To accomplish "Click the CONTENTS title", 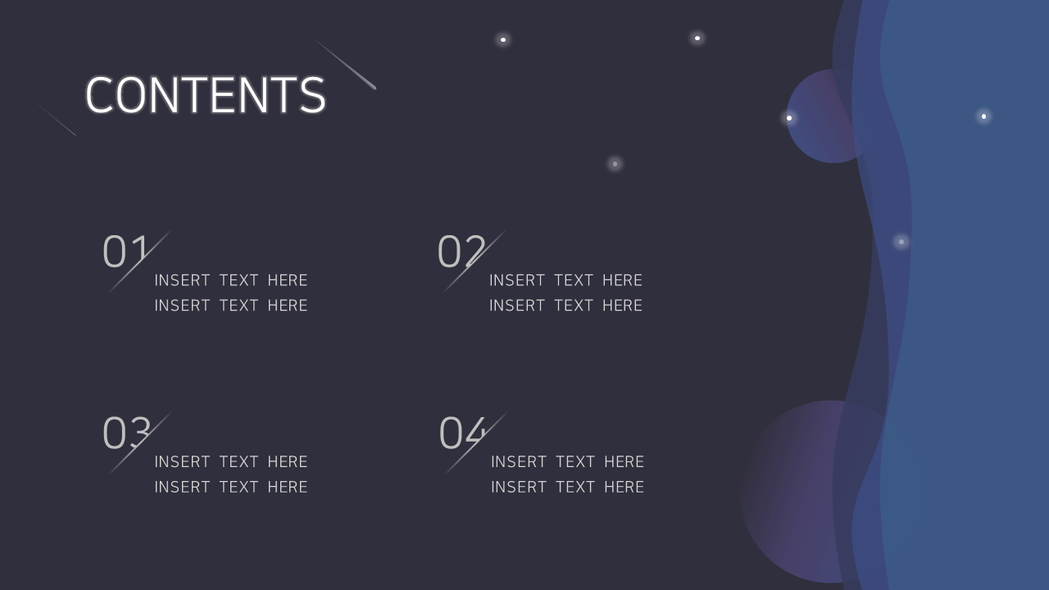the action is coord(205,95).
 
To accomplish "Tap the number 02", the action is coord(461,252).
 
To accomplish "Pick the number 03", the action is coord(126,433).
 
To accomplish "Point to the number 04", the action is coord(462,433).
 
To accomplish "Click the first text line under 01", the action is coord(231,280).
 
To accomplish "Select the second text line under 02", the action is coord(565,306).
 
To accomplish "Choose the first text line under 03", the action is coord(231,461).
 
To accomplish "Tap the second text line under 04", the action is coord(568,487).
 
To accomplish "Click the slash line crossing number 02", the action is coord(475,261).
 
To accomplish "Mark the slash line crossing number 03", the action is coord(140,443).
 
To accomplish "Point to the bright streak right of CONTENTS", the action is coord(345,64).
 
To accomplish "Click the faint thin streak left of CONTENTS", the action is coord(54,118).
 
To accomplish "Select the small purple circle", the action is coord(824,116).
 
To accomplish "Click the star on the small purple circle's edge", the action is coord(789,118).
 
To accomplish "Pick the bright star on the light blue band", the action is coord(984,116).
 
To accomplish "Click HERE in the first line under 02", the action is coord(622,280).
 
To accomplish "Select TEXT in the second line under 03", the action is coord(238,487).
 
